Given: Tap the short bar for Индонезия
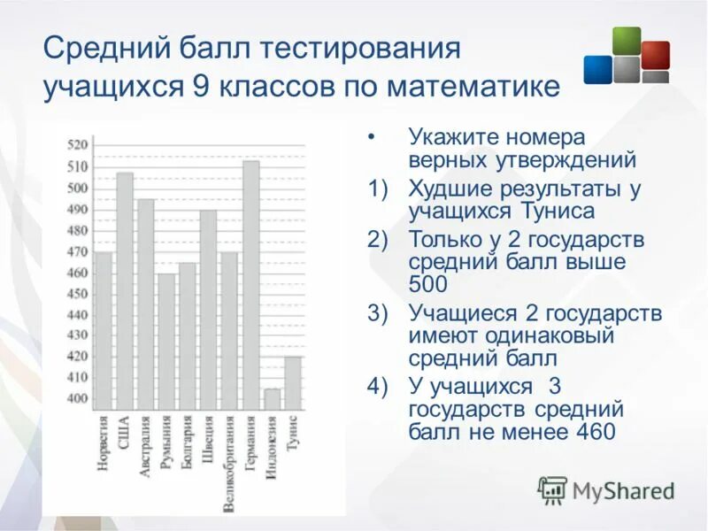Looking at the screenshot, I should click(x=272, y=399).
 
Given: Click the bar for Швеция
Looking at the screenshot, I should click(x=208, y=310).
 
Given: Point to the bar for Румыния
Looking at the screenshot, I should click(x=166, y=341).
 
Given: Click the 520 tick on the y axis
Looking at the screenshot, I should click(x=79, y=145).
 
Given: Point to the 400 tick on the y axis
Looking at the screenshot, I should click(x=79, y=399).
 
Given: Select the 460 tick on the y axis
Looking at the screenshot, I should click(x=79, y=273).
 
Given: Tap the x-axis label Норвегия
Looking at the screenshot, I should click(x=104, y=442).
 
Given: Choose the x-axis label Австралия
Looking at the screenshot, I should click(x=146, y=446).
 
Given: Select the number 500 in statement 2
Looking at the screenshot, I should click(x=427, y=284).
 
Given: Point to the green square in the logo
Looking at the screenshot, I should click(x=627, y=41).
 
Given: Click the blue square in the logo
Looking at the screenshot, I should click(x=597, y=69).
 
